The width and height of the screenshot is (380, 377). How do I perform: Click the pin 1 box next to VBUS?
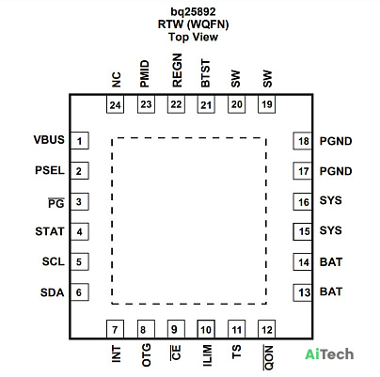pos(80,141)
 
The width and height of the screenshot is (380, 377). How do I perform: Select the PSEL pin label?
pos(50,170)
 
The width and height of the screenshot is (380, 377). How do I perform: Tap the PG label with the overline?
pos(56,203)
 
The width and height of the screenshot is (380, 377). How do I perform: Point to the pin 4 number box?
pos(80,231)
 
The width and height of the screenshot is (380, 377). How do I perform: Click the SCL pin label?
pos(54,261)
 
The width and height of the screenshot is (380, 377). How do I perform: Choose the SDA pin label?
pos(53,292)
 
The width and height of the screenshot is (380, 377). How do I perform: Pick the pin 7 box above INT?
pos(115,329)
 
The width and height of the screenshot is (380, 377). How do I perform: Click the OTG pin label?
pos(147,355)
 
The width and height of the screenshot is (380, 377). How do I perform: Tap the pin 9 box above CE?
pos(176,329)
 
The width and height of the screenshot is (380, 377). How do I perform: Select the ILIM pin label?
pos(207,355)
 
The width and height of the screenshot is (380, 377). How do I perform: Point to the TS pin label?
pos(236,352)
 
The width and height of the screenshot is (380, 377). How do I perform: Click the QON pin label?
pos(268,357)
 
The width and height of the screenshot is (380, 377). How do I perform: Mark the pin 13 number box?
pos(303,292)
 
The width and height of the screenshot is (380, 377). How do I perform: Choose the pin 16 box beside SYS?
pos(303,201)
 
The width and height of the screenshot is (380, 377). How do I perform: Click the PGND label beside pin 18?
pos(336,141)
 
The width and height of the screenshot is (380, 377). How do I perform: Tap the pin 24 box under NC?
pos(115,104)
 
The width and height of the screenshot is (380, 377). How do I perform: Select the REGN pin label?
pos(177,71)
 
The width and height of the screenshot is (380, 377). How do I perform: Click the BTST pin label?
pos(205,73)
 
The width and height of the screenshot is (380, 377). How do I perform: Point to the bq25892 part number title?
pos(193,11)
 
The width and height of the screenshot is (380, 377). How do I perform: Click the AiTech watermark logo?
pos(329,354)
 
